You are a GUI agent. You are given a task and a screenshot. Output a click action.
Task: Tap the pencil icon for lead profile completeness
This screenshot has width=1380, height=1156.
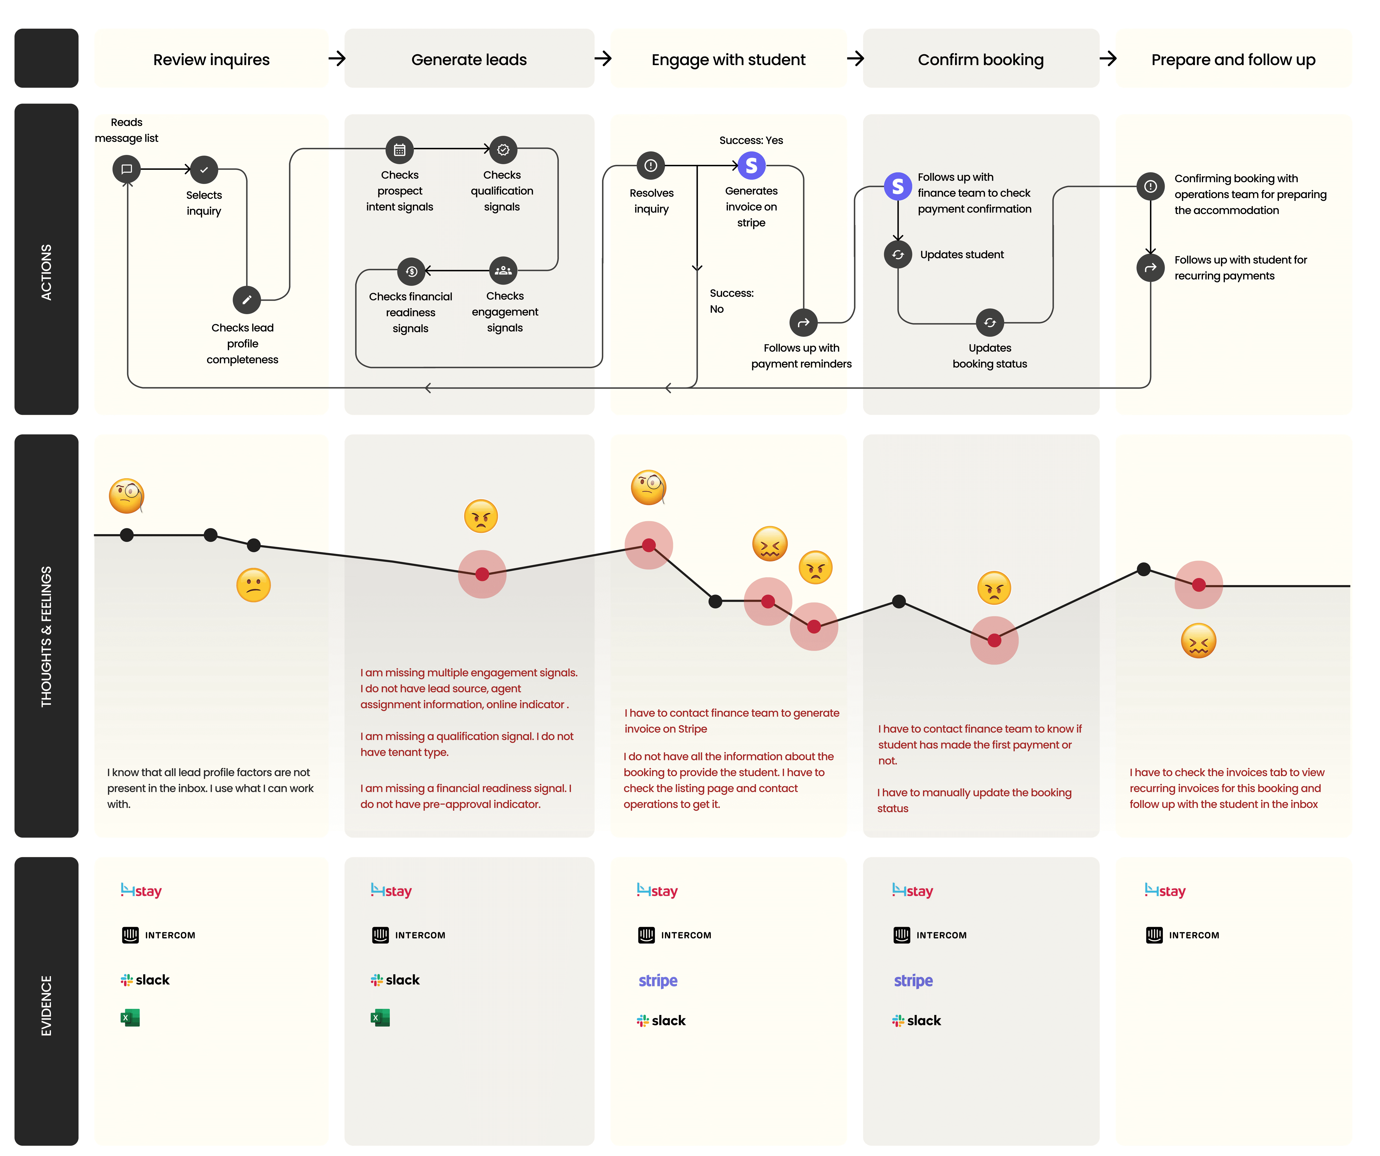246,300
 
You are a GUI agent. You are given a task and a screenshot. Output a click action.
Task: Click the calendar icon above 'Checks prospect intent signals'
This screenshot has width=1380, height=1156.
399,150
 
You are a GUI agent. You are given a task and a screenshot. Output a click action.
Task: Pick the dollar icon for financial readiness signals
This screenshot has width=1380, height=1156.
411,271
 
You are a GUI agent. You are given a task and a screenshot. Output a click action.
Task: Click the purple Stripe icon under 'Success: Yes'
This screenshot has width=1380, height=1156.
751,166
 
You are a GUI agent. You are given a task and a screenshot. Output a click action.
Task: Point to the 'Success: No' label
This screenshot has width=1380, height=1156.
731,301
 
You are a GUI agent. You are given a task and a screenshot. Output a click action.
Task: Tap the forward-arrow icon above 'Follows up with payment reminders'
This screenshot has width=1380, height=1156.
803,323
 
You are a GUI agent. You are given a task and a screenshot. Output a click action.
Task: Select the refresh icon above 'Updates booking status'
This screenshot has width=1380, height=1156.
990,323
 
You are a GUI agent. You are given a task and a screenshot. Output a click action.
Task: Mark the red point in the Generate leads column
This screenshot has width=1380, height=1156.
482,574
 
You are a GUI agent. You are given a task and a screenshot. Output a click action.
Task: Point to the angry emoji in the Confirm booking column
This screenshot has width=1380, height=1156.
993,587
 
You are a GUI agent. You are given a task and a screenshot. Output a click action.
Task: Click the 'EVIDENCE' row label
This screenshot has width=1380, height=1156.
46,1006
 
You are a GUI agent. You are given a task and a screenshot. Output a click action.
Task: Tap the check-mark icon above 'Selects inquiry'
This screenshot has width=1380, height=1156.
204,170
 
